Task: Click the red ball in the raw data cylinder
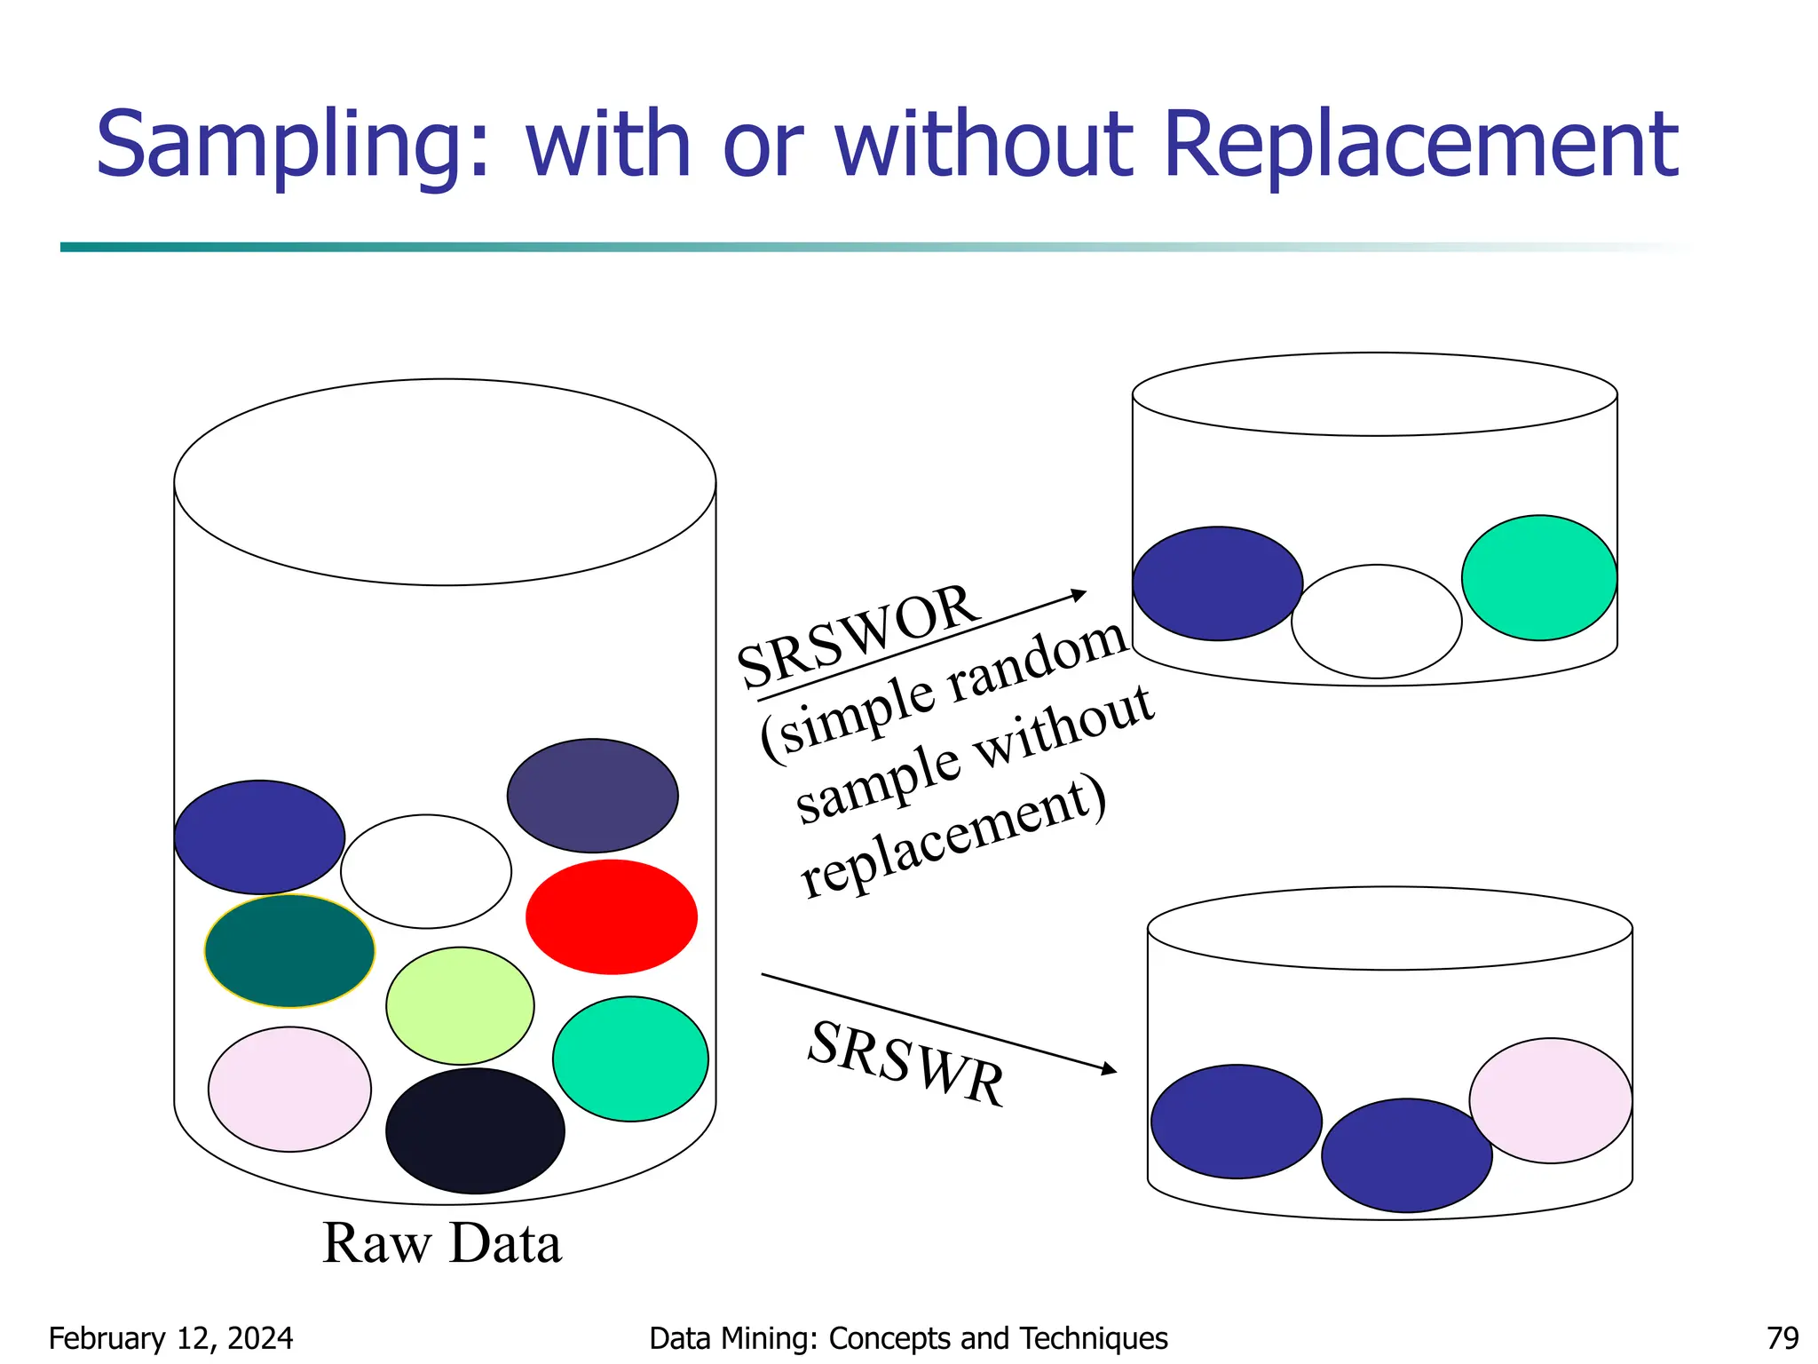(x=611, y=916)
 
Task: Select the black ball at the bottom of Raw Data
(x=475, y=1130)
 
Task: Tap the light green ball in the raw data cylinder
(x=460, y=1005)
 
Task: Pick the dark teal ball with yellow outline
(x=289, y=951)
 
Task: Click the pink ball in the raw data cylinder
(x=289, y=1090)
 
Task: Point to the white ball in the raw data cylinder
(x=426, y=871)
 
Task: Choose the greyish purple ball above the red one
(x=592, y=796)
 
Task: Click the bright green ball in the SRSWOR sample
(x=1538, y=577)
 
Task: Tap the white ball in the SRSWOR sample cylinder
(x=1376, y=622)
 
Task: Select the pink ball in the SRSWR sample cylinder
(x=1550, y=1100)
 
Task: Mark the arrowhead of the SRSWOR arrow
(x=1080, y=594)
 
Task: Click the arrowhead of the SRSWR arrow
(x=1110, y=1069)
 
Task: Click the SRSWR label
(x=906, y=1064)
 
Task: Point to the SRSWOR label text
(x=858, y=636)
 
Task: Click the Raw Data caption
(x=441, y=1243)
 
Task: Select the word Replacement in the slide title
(x=1419, y=145)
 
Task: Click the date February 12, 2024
(x=170, y=1338)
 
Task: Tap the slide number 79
(x=1782, y=1338)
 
